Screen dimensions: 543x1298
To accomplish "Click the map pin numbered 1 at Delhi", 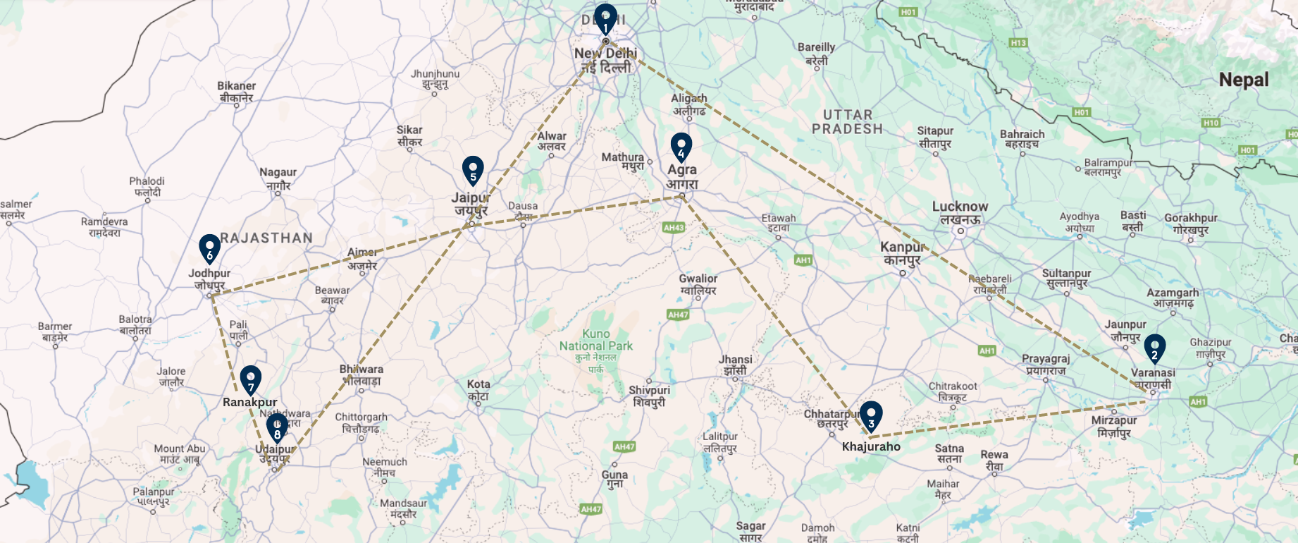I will (605, 18).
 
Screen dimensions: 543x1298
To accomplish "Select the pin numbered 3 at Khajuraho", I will (871, 415).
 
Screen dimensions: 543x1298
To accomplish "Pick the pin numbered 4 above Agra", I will (681, 147).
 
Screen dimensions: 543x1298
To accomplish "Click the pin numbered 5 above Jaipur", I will (473, 170).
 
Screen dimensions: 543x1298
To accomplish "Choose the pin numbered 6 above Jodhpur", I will (209, 248).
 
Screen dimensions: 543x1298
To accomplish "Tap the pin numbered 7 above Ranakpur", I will (250, 379).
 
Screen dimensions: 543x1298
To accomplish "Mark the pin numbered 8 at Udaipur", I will (277, 427).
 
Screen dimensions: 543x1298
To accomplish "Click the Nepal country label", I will (1244, 80).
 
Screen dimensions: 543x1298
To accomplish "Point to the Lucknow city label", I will (960, 207).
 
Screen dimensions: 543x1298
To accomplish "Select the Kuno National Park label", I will (596, 340).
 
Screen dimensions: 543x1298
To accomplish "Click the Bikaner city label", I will (236, 86).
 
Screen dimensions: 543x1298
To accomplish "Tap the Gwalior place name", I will (698, 279).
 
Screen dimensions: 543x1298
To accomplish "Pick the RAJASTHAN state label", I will (266, 238).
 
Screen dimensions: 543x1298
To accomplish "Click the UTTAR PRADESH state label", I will (847, 121).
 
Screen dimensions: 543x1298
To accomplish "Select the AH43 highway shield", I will (674, 228).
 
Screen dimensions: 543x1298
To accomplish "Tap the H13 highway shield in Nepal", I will (1018, 43).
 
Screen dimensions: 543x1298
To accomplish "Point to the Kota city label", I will (478, 385).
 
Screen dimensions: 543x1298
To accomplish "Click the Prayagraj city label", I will (1046, 359).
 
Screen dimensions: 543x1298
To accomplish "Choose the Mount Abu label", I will (180, 449).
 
